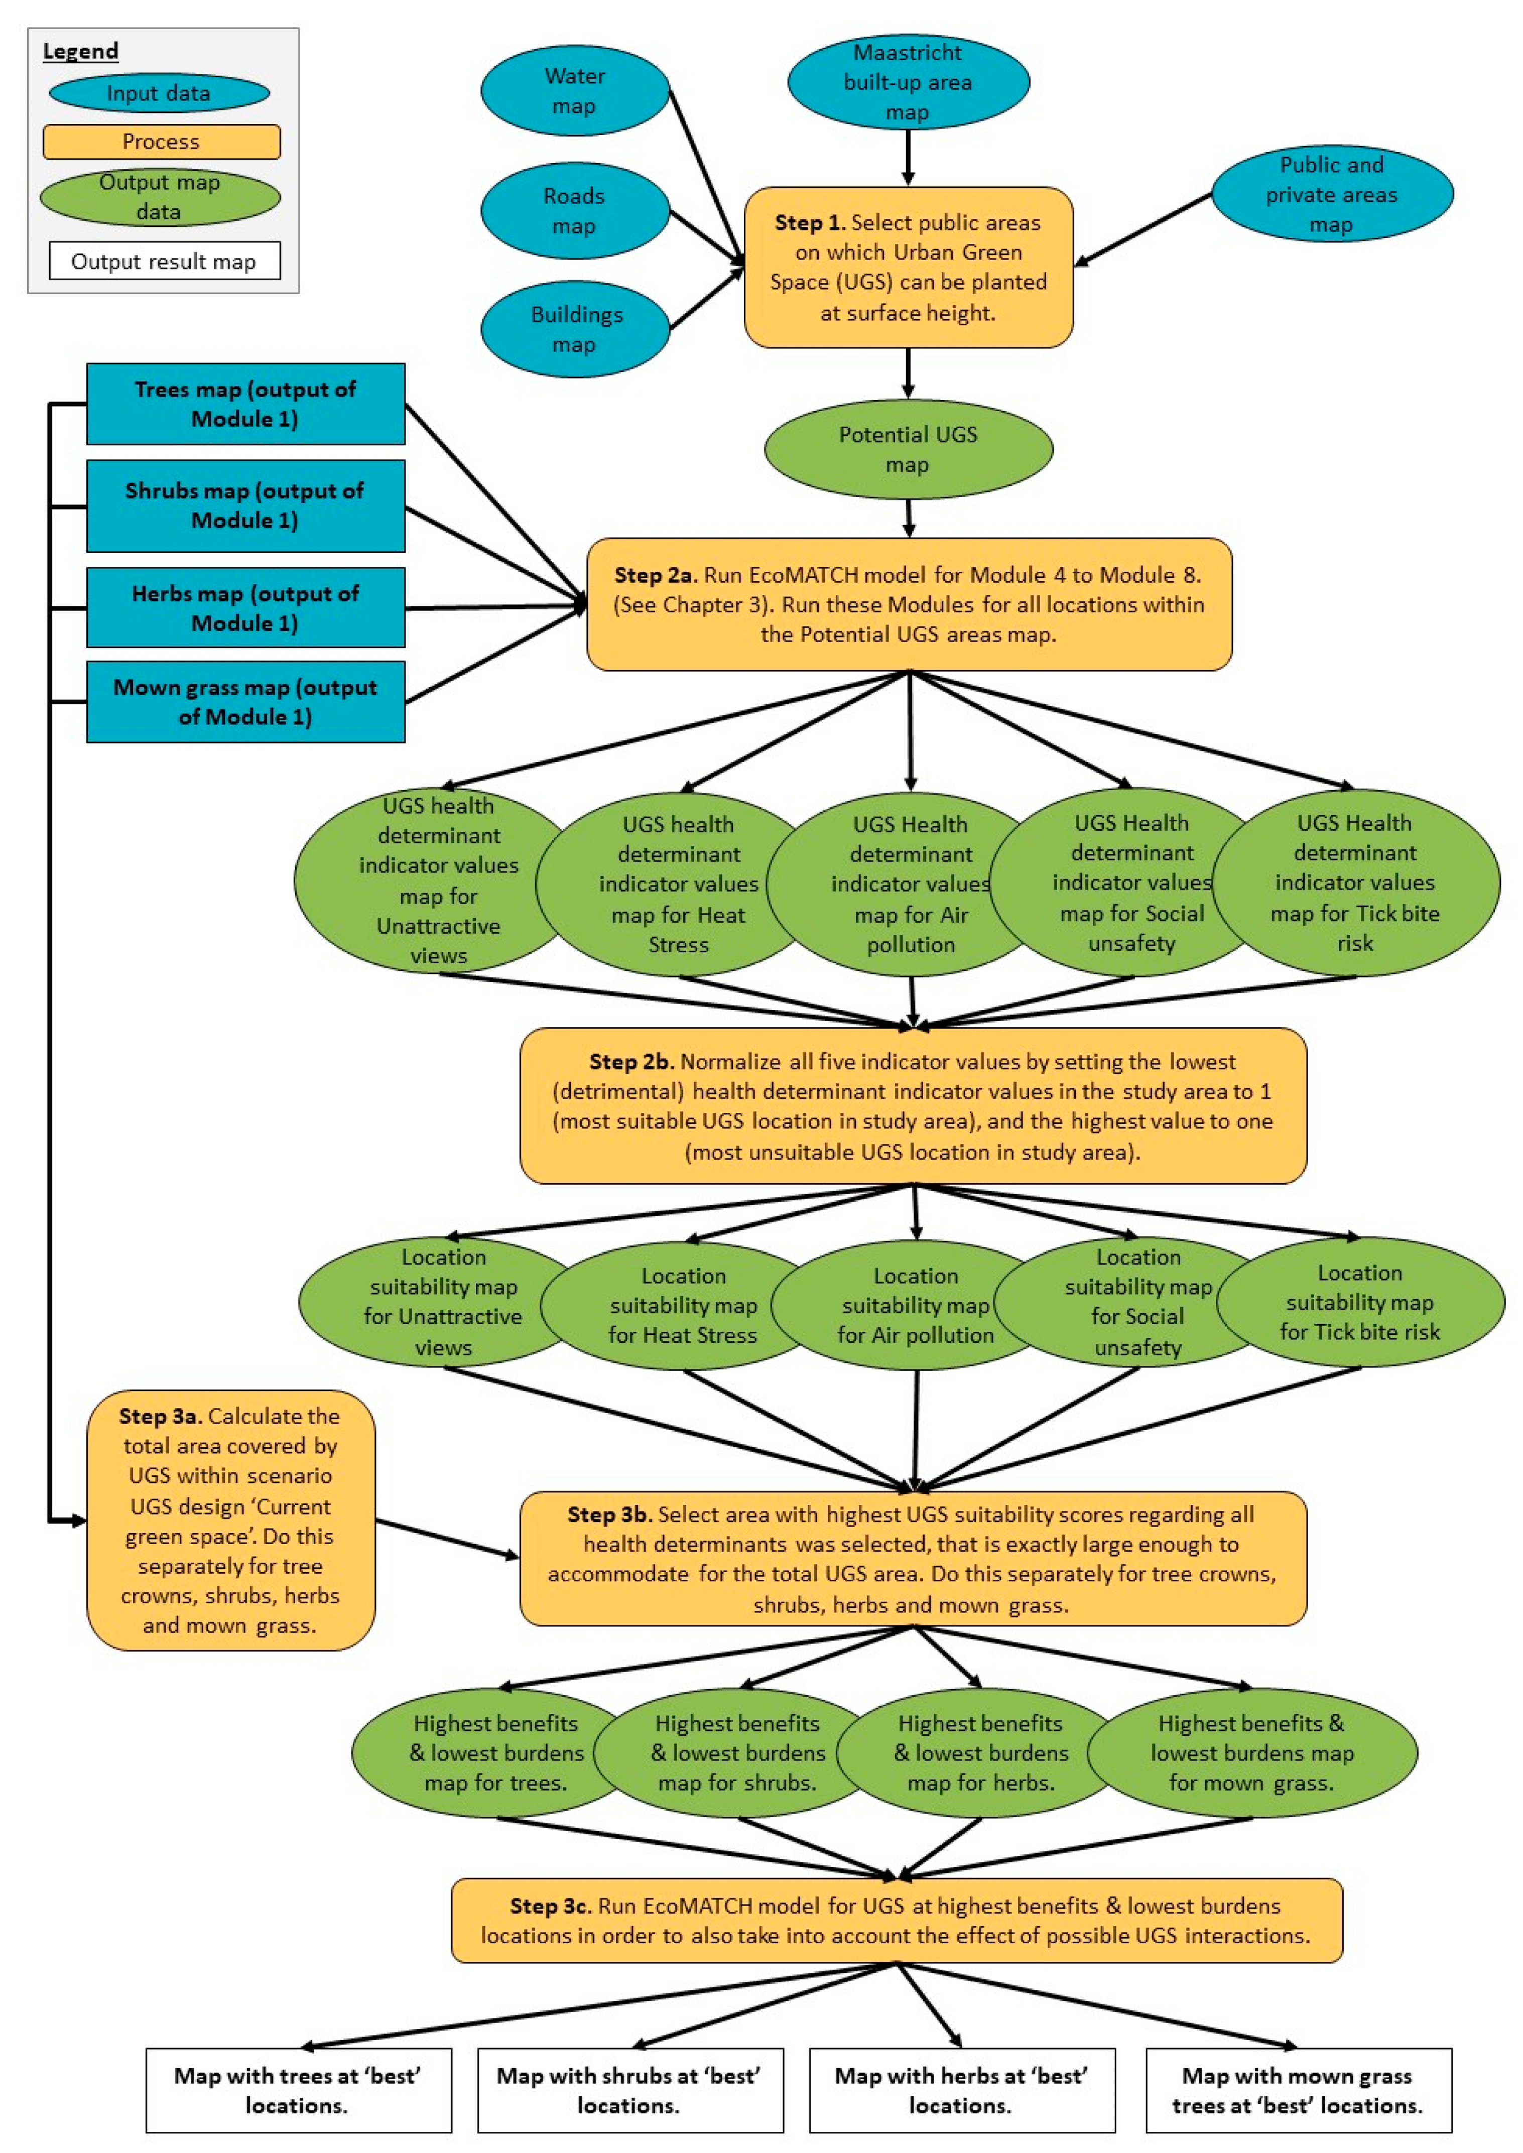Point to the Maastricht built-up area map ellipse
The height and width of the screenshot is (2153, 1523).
[x=908, y=82]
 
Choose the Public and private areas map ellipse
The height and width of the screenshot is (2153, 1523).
[x=1332, y=194]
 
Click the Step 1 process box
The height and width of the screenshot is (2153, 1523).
[x=908, y=267]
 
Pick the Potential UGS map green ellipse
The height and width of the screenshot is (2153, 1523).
[x=908, y=449]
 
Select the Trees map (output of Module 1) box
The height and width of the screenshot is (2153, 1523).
[x=245, y=404]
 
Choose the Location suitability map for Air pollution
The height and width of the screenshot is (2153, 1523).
[x=915, y=1305]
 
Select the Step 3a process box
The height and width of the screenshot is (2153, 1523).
[x=231, y=1520]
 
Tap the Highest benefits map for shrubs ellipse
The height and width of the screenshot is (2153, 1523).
[x=737, y=1752]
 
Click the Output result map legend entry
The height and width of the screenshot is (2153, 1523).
[x=164, y=262]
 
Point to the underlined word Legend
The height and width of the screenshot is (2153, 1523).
[x=81, y=52]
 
